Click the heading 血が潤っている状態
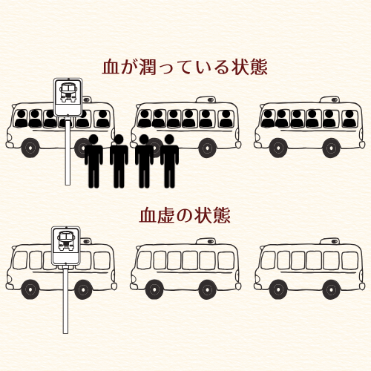point(185,67)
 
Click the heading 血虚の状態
point(185,215)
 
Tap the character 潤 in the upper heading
point(148,67)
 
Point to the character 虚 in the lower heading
point(166,215)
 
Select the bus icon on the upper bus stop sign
point(68,93)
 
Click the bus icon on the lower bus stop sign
point(65,241)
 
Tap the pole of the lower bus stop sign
point(65,301)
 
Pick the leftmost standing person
point(93,161)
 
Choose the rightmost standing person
point(169,161)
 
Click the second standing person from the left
point(119,161)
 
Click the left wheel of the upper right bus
point(278,148)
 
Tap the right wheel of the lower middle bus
point(207,289)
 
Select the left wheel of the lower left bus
point(30,289)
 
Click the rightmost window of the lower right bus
point(349,260)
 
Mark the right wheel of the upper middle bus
point(207,148)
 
